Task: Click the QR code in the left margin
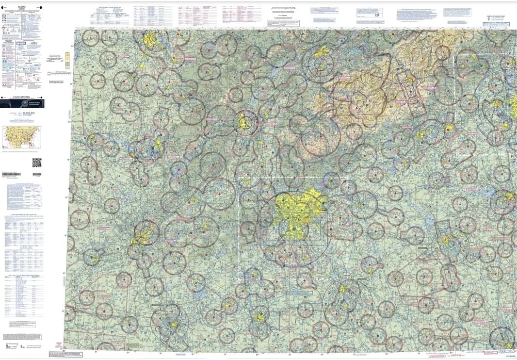click(37, 163)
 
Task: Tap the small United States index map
click(22, 137)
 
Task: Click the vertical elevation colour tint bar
click(67, 60)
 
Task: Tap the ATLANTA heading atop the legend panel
click(22, 6)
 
